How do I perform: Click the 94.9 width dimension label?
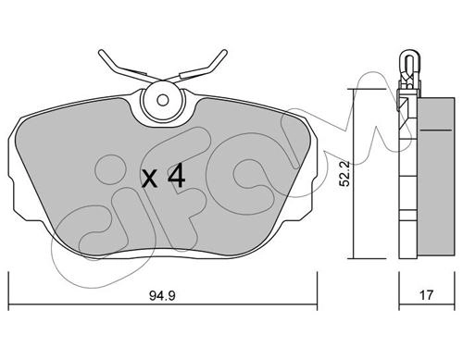(162, 296)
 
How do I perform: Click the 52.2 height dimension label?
(344, 174)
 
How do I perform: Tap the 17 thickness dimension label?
(426, 295)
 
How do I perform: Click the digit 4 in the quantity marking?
(176, 175)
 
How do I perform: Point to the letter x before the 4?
(149, 180)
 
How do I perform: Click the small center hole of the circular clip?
(162, 100)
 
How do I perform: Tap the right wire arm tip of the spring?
(225, 51)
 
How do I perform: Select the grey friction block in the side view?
(435, 178)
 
